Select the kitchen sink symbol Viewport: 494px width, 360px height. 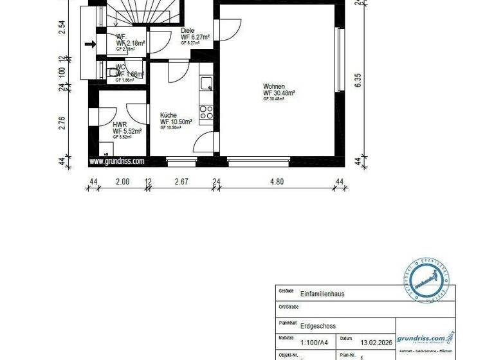[x=206, y=83]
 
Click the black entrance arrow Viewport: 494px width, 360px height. [x=90, y=44]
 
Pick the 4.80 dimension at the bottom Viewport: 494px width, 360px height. [x=277, y=182]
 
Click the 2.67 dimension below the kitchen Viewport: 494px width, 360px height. [x=181, y=182]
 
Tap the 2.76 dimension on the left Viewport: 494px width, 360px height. [x=63, y=122]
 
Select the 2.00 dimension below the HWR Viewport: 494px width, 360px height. [x=122, y=182]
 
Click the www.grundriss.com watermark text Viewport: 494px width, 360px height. [x=116, y=162]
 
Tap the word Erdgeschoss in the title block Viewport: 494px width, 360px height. [x=318, y=326]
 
